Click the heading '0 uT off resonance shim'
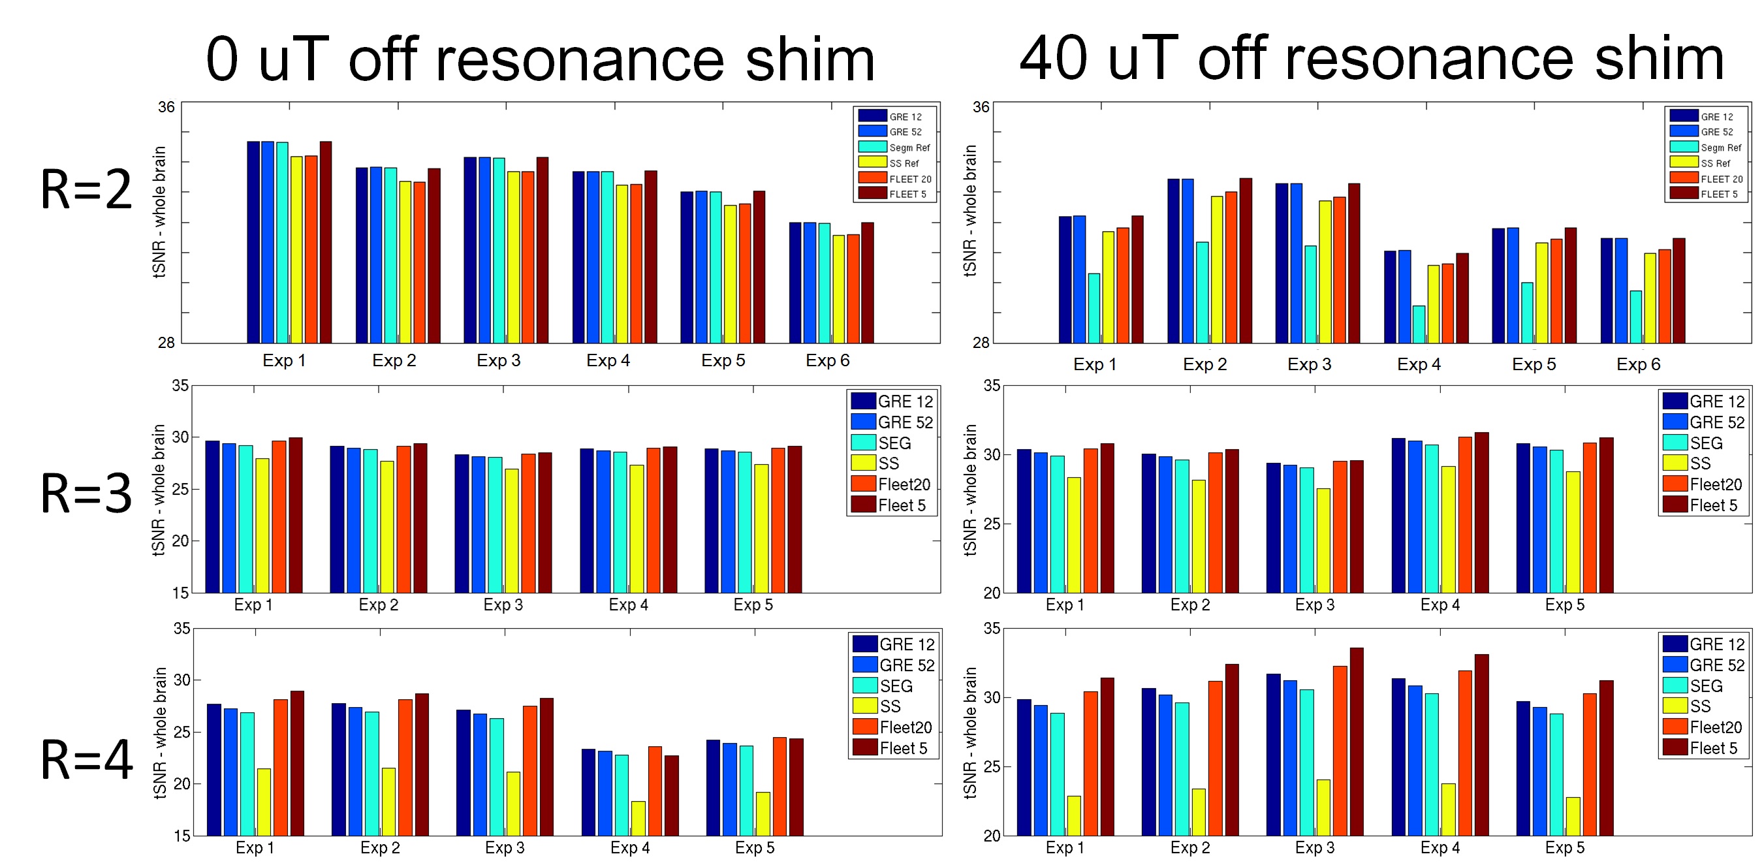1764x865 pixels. click(540, 60)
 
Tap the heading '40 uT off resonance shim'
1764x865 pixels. click(1371, 60)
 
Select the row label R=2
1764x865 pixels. click(86, 190)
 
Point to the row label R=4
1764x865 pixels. click(86, 759)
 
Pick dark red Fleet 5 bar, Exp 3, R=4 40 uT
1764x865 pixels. click(1356, 741)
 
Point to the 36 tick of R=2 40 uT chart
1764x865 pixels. click(981, 107)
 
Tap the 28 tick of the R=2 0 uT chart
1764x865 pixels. click(166, 343)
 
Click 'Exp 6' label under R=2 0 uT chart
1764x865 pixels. click(827, 361)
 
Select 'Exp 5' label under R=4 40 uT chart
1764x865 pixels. click(1565, 848)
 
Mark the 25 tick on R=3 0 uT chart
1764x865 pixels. click(180, 489)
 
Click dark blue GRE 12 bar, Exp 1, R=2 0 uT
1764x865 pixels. click(253, 242)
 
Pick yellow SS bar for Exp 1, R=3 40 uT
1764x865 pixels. click(1074, 535)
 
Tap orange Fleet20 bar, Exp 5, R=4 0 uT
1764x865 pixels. click(780, 786)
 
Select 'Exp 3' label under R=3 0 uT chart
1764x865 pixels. click(503, 605)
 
